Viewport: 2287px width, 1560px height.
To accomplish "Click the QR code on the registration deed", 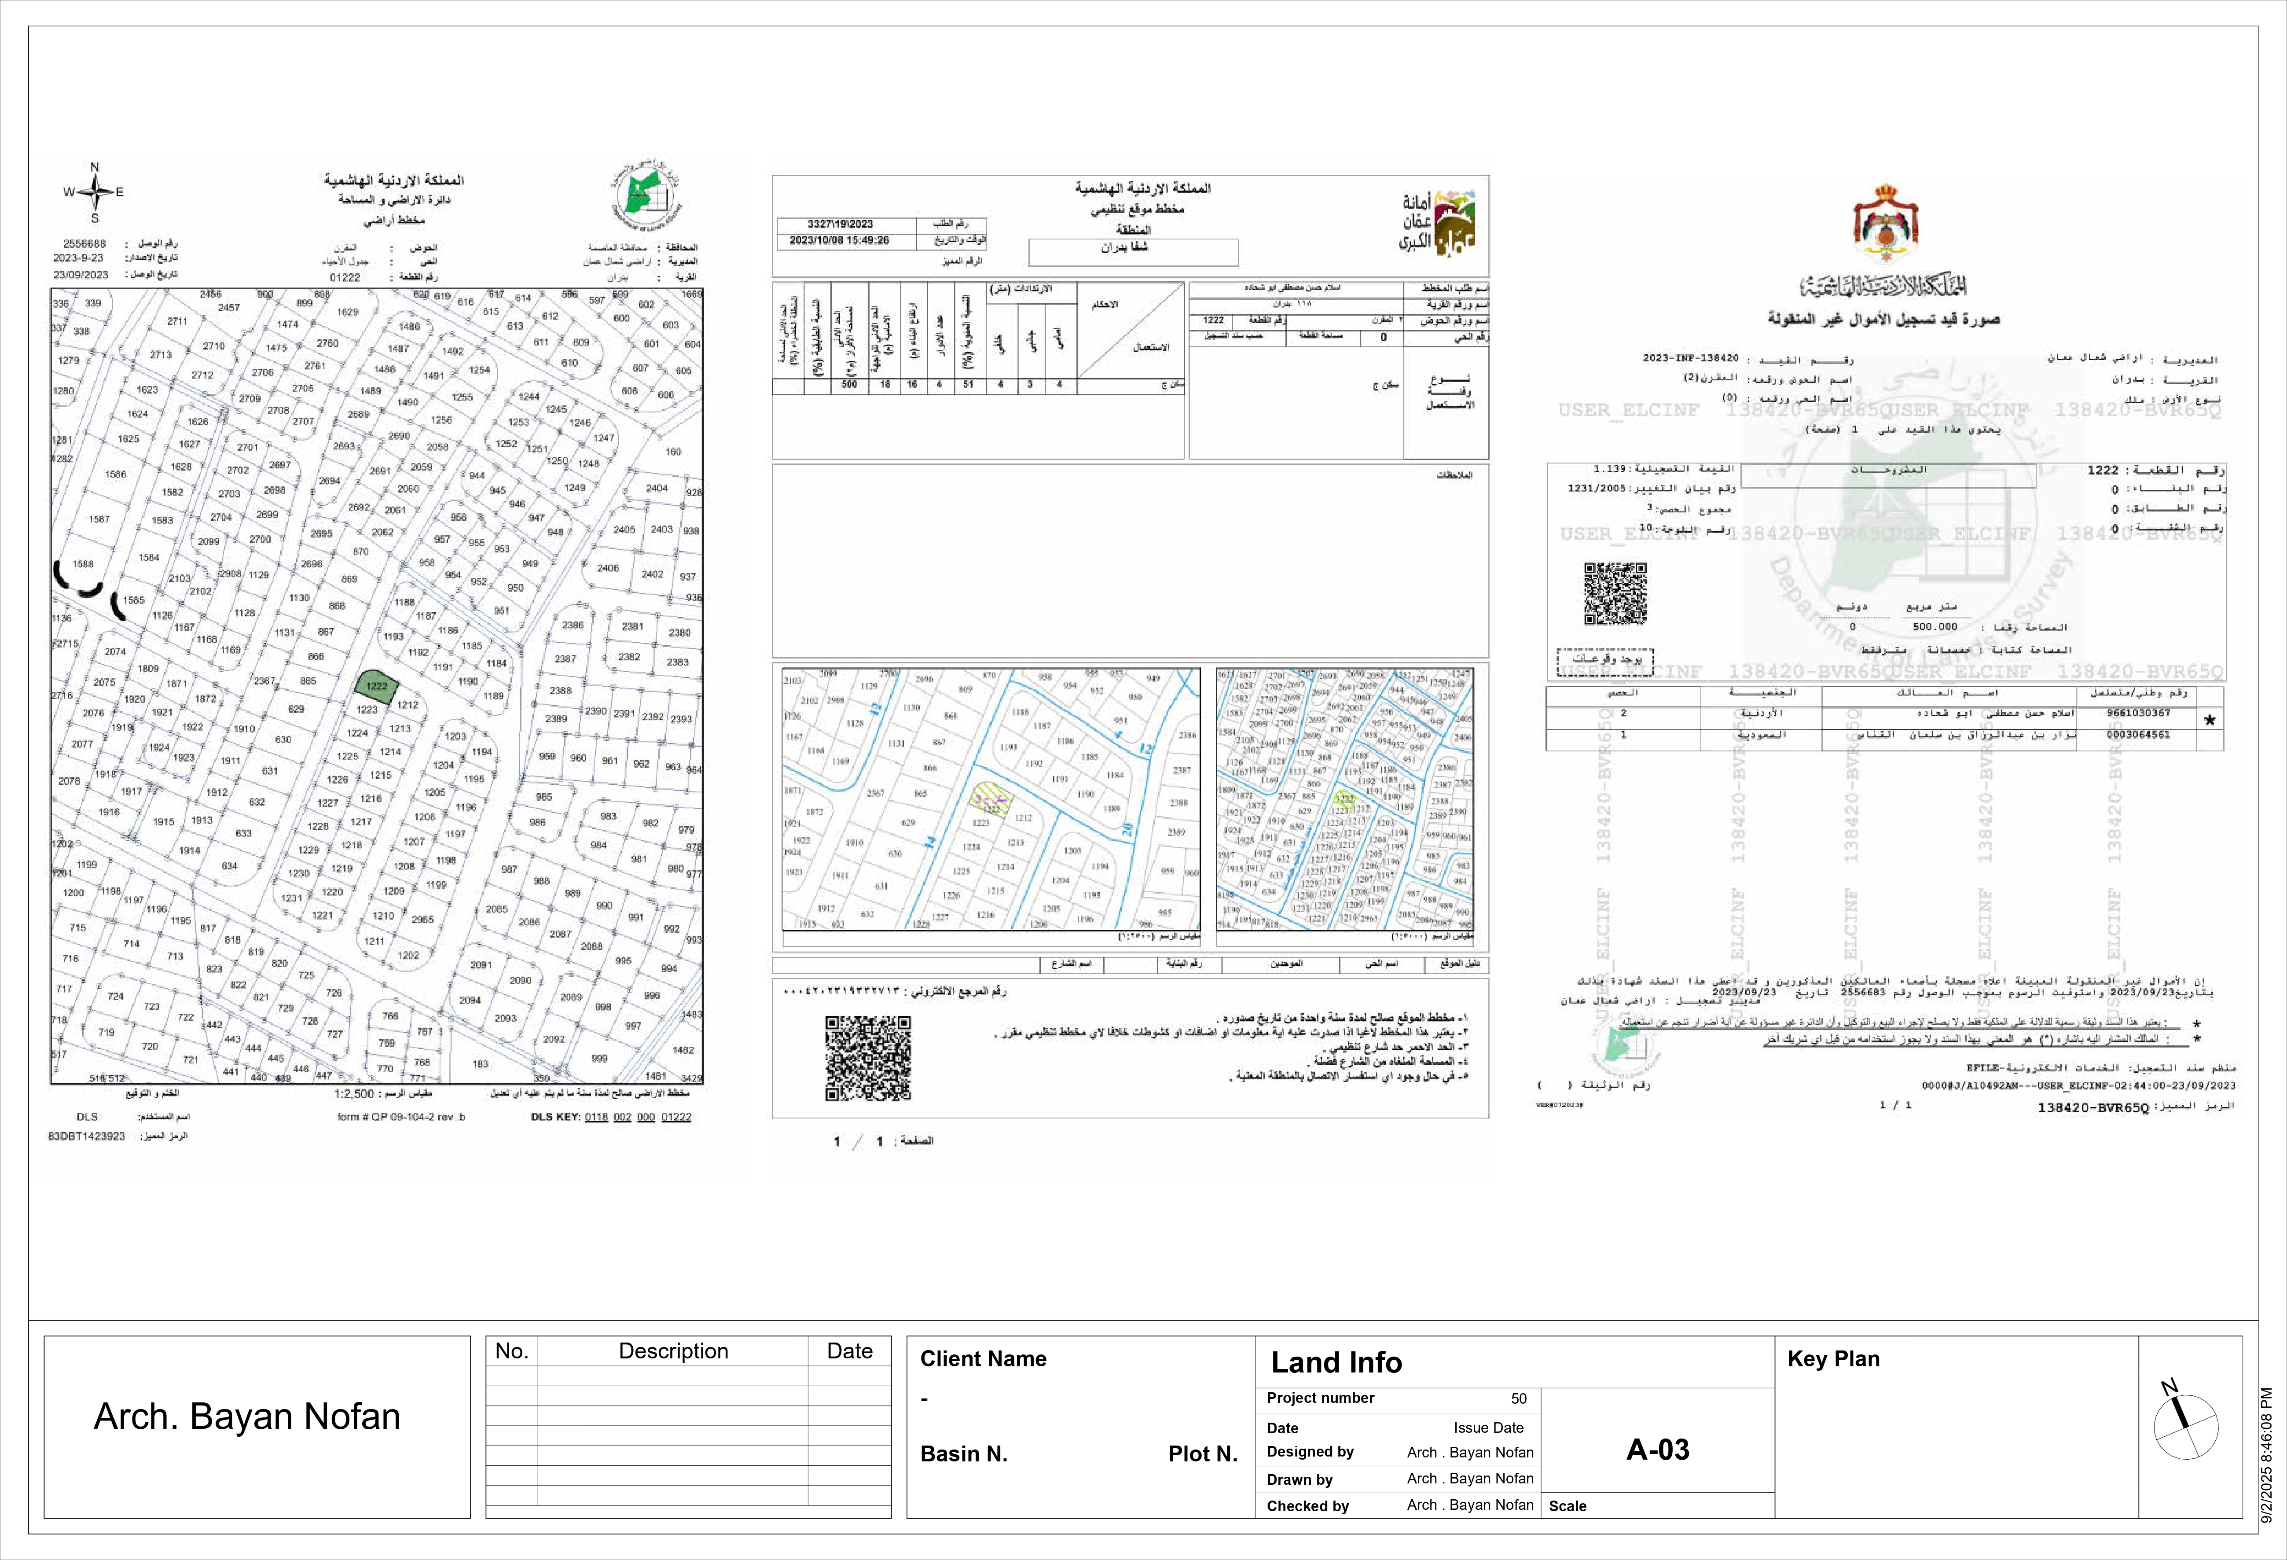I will [1615, 593].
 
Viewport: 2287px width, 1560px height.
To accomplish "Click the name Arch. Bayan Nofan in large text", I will [247, 1417].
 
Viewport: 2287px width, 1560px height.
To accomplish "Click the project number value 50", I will [1519, 1398].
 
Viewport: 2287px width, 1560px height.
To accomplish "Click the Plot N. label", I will [1203, 1454].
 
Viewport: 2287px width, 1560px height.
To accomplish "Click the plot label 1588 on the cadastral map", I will [83, 564].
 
